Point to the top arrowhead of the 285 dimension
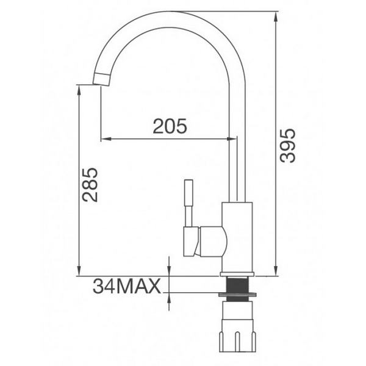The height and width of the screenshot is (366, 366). (79, 89)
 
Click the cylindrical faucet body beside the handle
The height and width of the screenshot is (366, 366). (238, 235)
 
